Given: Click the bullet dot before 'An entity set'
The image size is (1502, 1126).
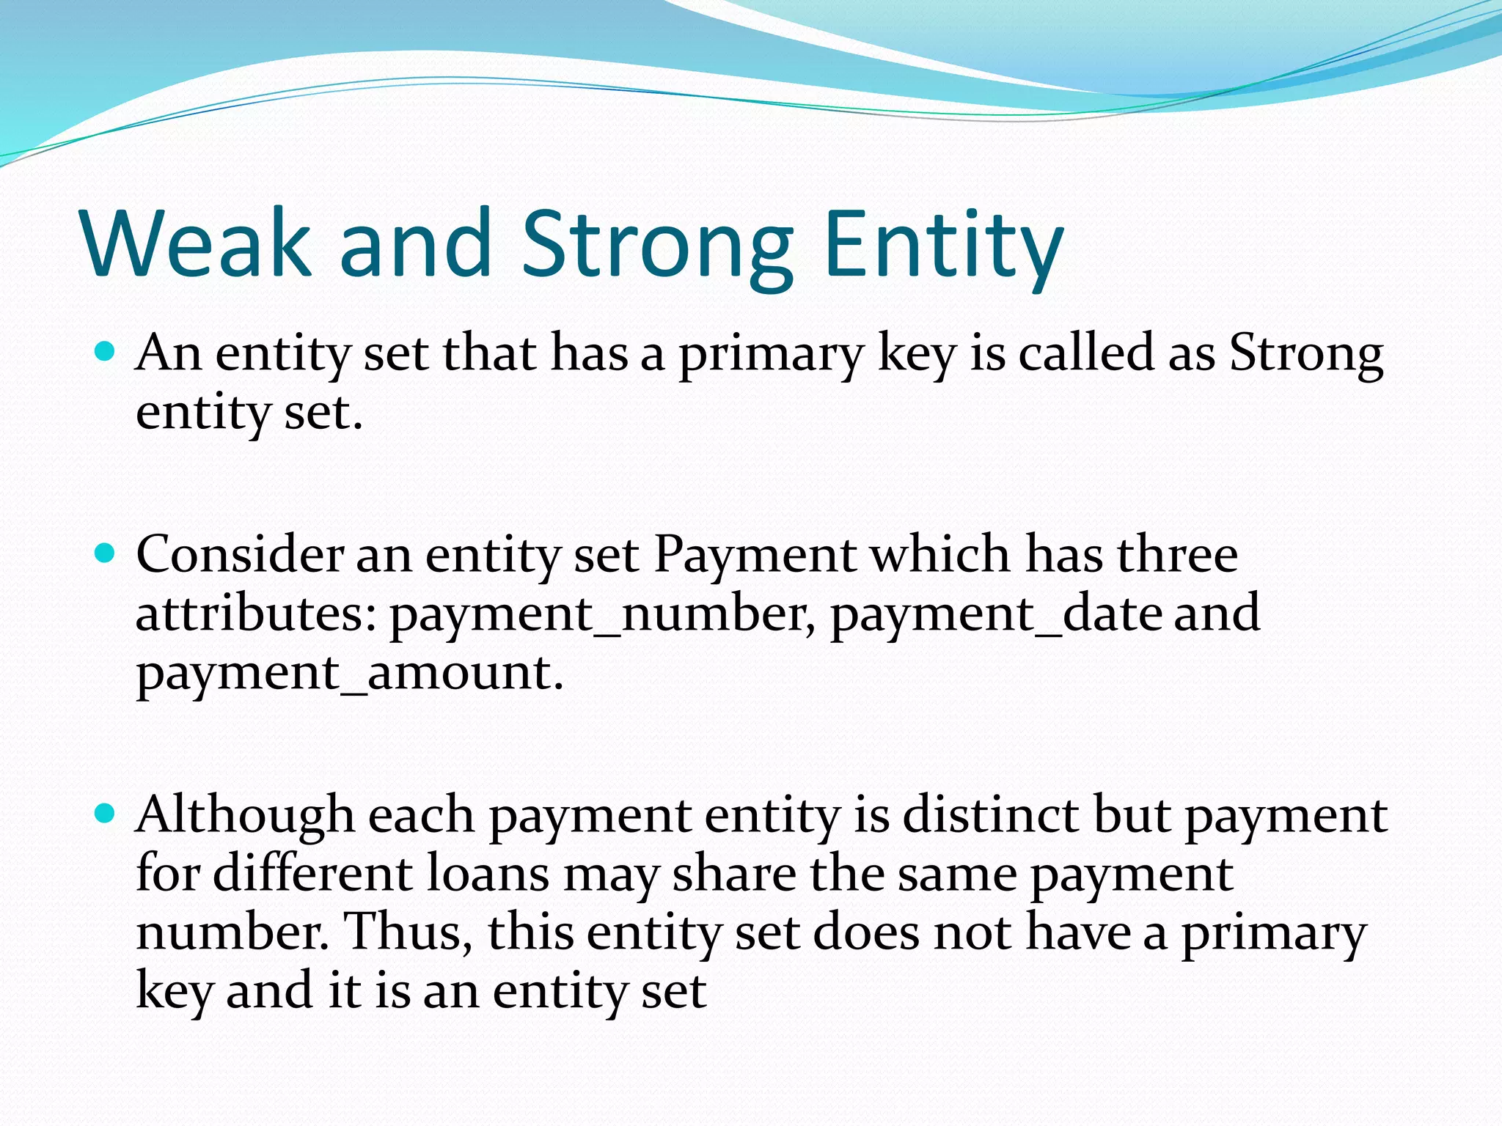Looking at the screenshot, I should [x=106, y=353].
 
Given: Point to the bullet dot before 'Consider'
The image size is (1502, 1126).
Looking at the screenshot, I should [x=106, y=553].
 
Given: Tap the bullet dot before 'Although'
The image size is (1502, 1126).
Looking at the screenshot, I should [x=106, y=814].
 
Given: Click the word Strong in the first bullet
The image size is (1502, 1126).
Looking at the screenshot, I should [x=1305, y=353].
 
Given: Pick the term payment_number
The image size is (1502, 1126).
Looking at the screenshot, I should [x=601, y=614].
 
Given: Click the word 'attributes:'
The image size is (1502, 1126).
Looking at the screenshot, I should [x=257, y=614].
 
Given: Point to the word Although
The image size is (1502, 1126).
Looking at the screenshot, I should [x=245, y=815].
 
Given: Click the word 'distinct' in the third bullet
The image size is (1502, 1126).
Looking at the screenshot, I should [x=991, y=815].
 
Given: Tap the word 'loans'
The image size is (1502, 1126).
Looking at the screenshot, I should [x=488, y=874].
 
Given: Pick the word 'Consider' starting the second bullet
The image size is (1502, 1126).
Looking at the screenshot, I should [x=239, y=554].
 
